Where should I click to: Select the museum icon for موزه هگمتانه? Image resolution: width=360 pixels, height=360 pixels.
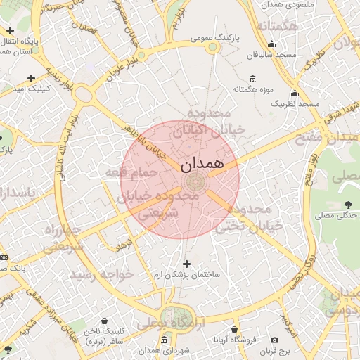253,79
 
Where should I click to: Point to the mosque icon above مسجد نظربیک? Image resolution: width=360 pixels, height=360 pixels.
295,94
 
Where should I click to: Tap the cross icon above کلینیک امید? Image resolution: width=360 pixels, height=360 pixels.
30,79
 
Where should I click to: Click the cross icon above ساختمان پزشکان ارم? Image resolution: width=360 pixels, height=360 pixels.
186,264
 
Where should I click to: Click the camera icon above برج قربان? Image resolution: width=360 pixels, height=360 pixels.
274,340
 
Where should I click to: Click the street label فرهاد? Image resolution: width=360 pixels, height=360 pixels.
124,246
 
